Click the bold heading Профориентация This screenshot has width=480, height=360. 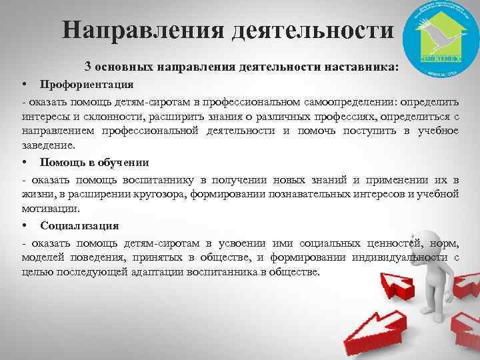pyautogui.click(x=86, y=85)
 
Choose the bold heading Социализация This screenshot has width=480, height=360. pyautogui.click(x=79, y=225)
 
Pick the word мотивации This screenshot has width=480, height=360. pyautogui.click(x=47, y=208)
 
